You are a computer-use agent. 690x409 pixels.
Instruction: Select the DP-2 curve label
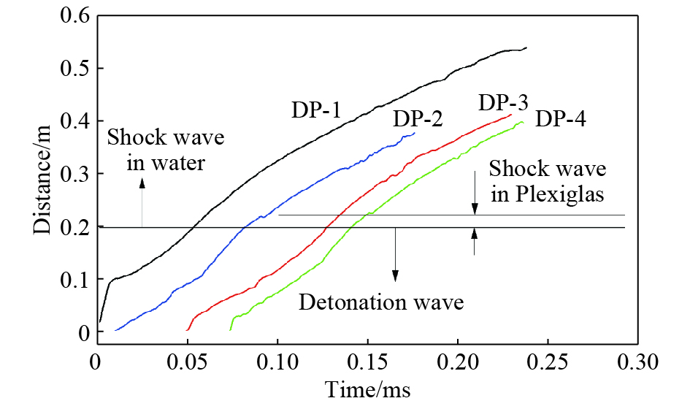418,118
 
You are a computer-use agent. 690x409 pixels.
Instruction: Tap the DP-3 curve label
503,102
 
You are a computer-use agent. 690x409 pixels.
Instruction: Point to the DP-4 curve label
560,119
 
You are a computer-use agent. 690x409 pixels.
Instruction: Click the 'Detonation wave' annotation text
380,302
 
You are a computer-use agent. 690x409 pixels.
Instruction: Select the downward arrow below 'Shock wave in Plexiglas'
475,194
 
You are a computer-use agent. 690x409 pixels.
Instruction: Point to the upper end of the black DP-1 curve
526,47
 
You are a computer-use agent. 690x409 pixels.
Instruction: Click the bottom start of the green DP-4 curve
231,330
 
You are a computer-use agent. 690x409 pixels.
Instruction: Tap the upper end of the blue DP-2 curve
415,133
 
